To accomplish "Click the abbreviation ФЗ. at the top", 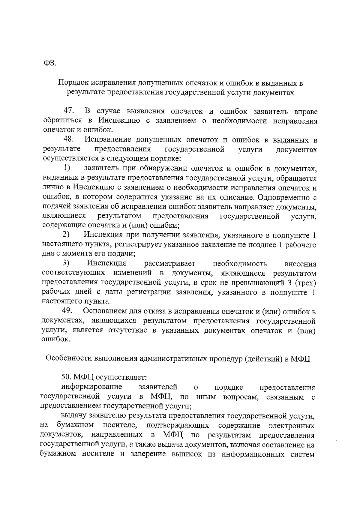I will [50, 63].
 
